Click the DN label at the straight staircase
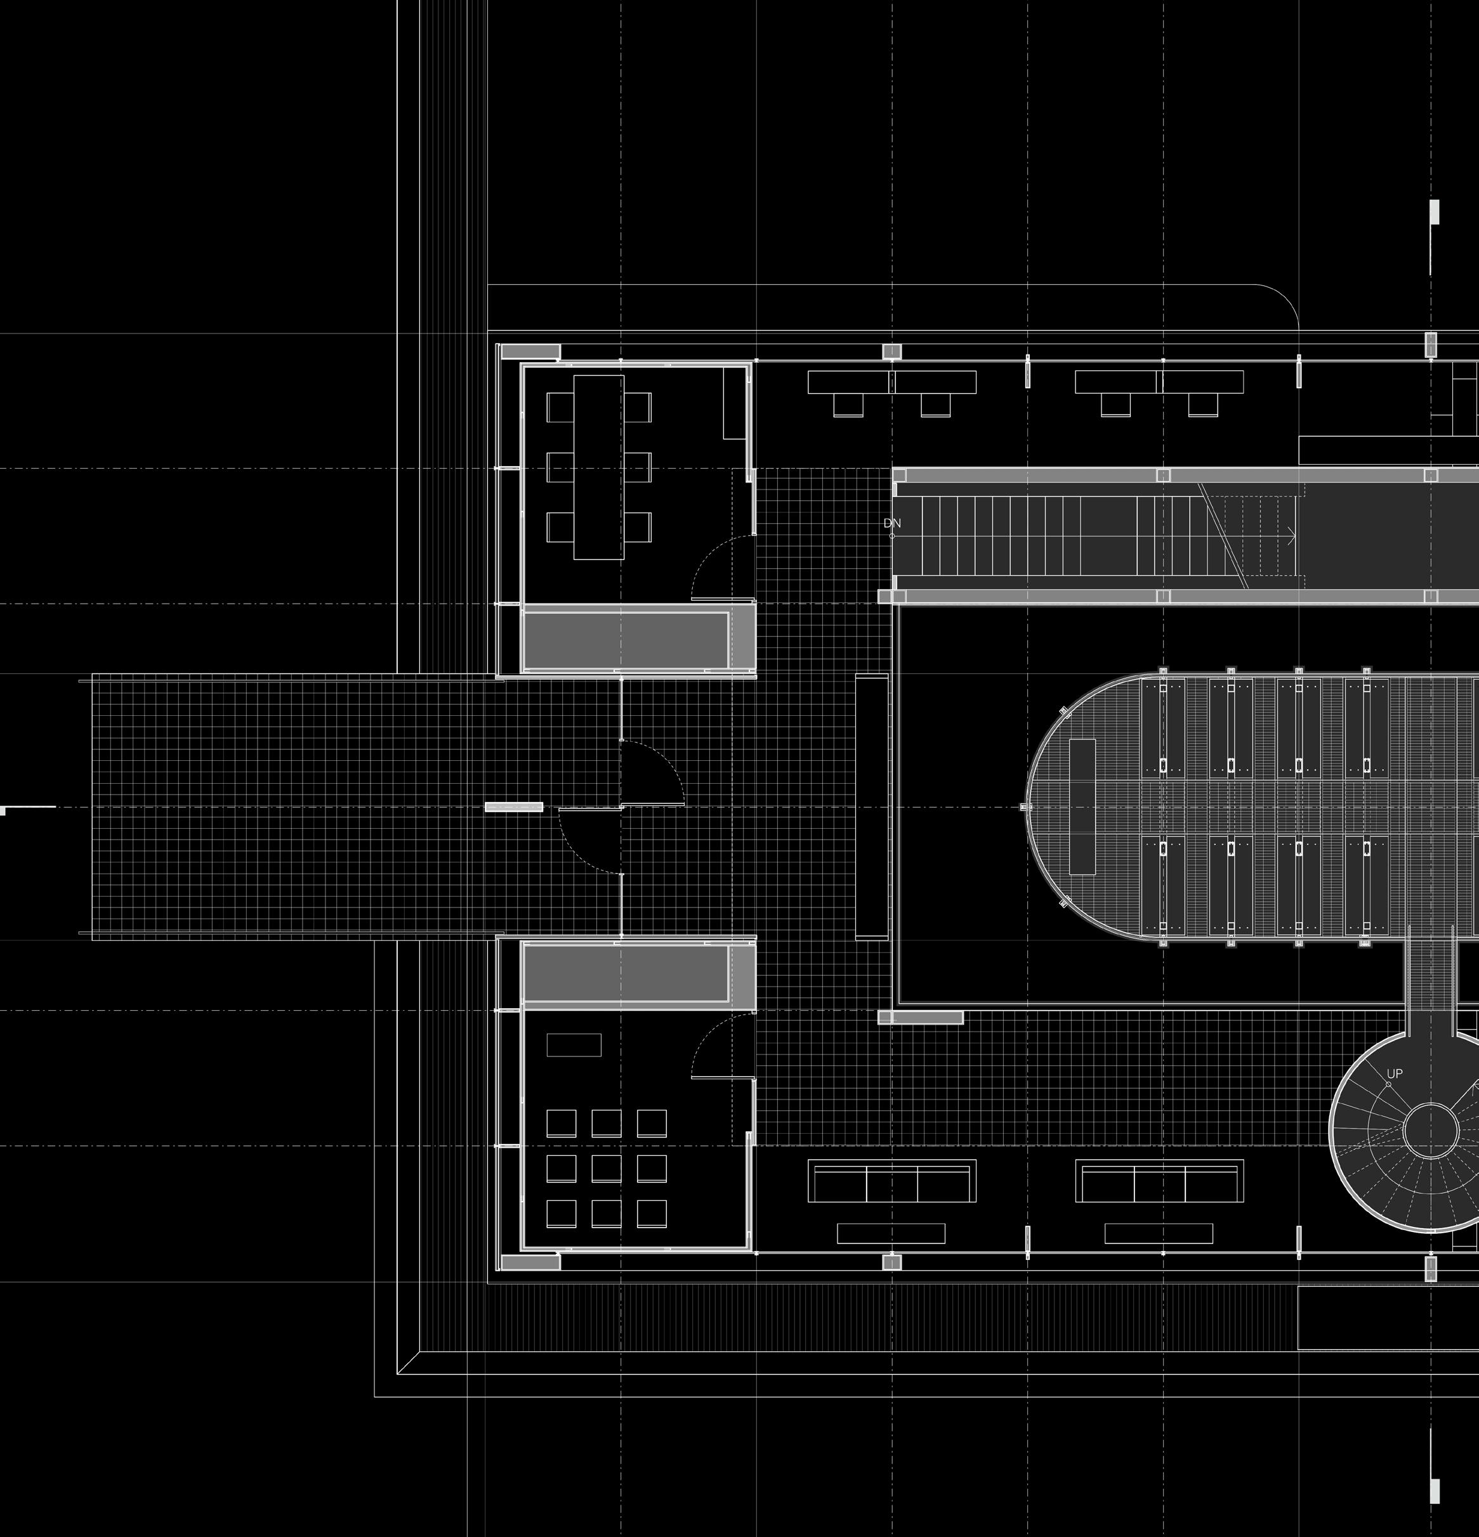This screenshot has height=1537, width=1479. tap(892, 523)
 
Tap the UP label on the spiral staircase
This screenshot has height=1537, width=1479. tap(1394, 1073)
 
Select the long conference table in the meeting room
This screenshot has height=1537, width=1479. tap(599, 467)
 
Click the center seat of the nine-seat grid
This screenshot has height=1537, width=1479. tap(607, 1169)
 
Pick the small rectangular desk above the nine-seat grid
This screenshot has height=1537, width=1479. tap(574, 1044)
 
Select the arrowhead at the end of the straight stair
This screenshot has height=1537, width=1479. tap(1291, 537)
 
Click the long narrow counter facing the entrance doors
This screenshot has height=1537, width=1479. tap(871, 806)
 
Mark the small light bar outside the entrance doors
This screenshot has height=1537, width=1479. tap(514, 806)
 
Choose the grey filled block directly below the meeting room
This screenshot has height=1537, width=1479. tap(626, 639)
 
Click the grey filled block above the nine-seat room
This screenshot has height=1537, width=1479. tap(626, 973)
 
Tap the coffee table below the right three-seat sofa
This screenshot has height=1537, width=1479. tap(1158, 1233)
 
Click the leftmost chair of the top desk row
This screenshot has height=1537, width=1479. tap(848, 405)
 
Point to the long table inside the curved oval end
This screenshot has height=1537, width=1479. tap(1082, 807)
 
